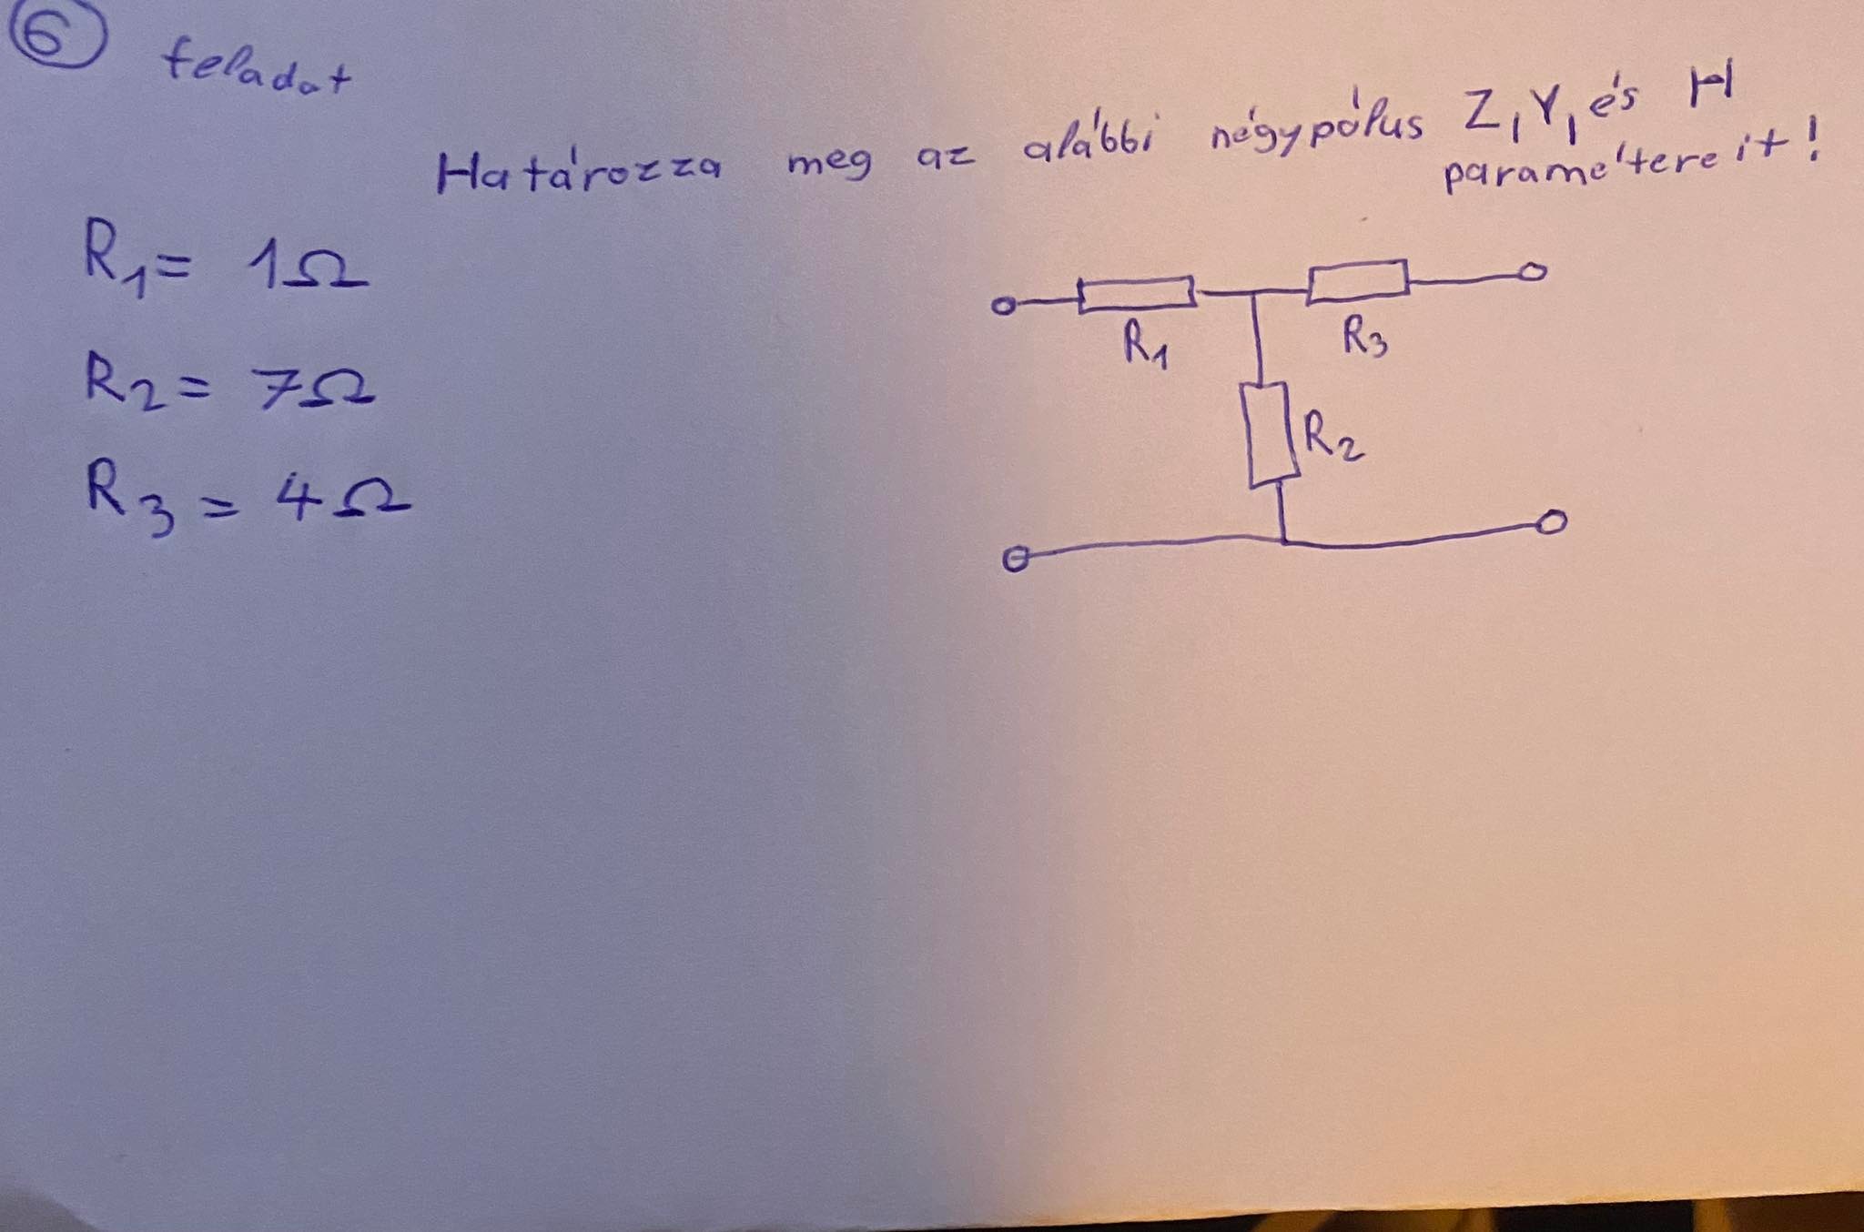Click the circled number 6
(56, 39)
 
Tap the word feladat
(256, 71)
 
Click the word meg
(828, 164)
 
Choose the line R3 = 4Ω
(246, 500)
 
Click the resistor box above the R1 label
(1137, 294)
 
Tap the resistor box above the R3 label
(1358, 279)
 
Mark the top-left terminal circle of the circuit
(1003, 307)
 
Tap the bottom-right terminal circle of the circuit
(1553, 522)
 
